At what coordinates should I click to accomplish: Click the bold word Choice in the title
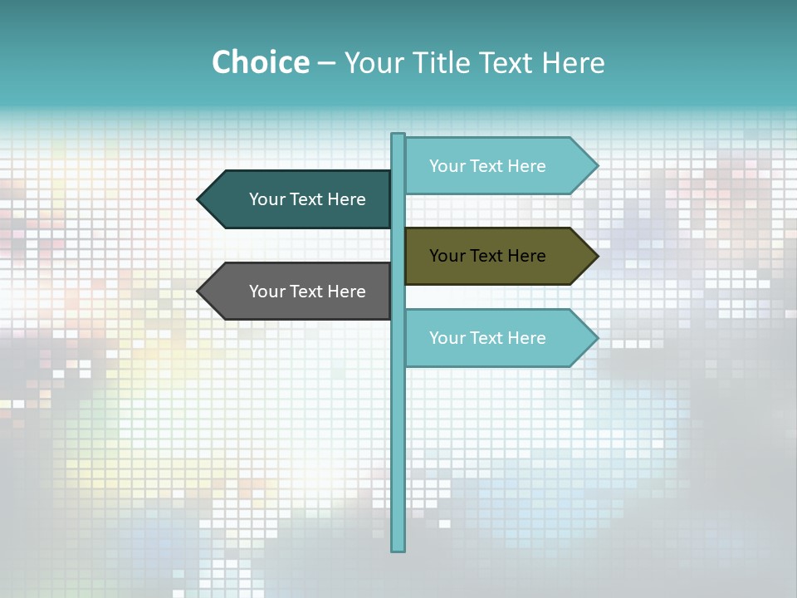click(x=260, y=62)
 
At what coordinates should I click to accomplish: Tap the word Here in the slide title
click(x=573, y=62)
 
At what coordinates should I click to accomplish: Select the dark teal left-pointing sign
click(x=299, y=199)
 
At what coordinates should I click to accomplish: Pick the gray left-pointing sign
click(x=299, y=292)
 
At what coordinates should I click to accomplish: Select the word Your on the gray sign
click(x=266, y=292)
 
